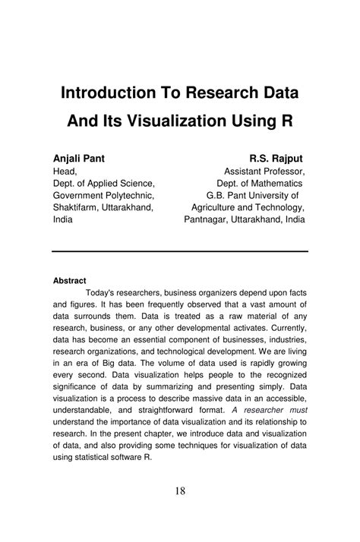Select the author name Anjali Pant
point(78,159)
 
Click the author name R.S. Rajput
point(276,159)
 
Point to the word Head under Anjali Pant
point(65,172)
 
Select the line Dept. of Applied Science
point(104,184)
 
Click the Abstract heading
point(69,280)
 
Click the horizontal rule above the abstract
point(180,251)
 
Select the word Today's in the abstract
point(103,293)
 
